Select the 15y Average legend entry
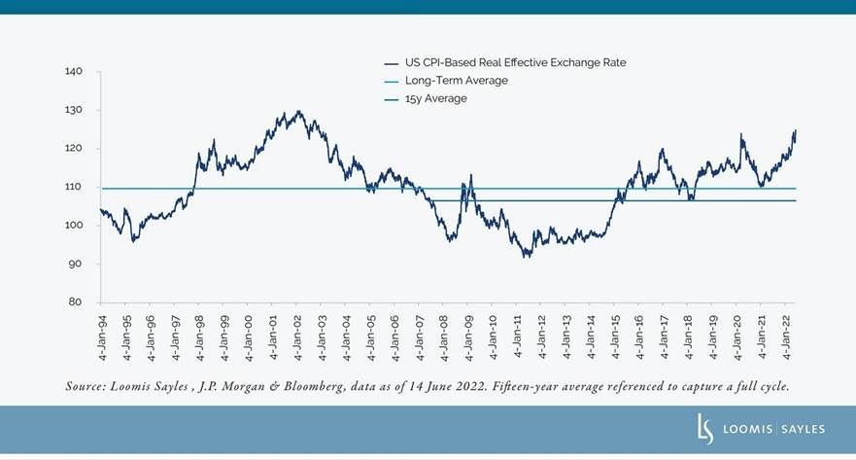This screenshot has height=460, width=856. pos(436,98)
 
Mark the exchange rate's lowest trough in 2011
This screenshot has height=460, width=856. pos(526,257)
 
